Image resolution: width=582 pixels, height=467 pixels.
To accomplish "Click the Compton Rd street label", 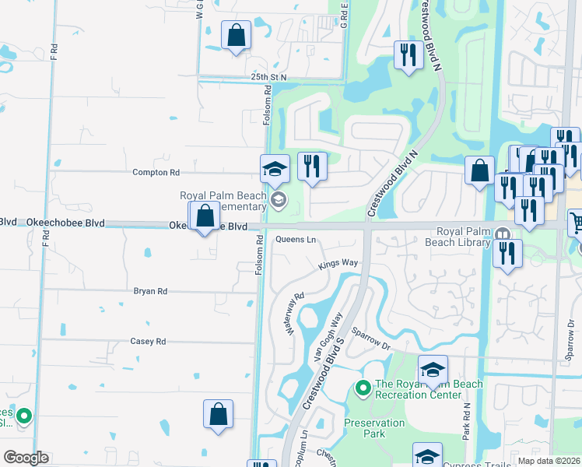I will (x=156, y=172).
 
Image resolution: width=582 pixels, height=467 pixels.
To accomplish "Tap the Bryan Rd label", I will (x=150, y=291).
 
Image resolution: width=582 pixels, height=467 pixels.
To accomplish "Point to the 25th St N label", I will (x=269, y=77).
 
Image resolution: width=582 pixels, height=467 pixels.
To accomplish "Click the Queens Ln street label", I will (x=296, y=240).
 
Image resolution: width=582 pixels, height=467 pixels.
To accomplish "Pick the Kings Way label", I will (x=338, y=264).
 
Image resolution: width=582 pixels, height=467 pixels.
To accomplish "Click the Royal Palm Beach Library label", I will (x=465, y=237).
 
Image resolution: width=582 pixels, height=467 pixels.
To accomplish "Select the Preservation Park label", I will (x=374, y=428).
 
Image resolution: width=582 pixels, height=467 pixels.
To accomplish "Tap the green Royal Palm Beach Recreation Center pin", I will (x=362, y=387).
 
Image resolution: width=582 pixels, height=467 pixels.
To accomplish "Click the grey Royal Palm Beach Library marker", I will (x=503, y=233).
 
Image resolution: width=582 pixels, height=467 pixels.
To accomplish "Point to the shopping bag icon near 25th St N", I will (x=236, y=36).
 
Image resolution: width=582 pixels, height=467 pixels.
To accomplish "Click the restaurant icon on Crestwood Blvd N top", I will (x=408, y=55).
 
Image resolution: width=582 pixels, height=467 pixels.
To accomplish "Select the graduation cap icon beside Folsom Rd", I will (x=275, y=168).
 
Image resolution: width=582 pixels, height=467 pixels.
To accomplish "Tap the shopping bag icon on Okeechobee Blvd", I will (x=205, y=216).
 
